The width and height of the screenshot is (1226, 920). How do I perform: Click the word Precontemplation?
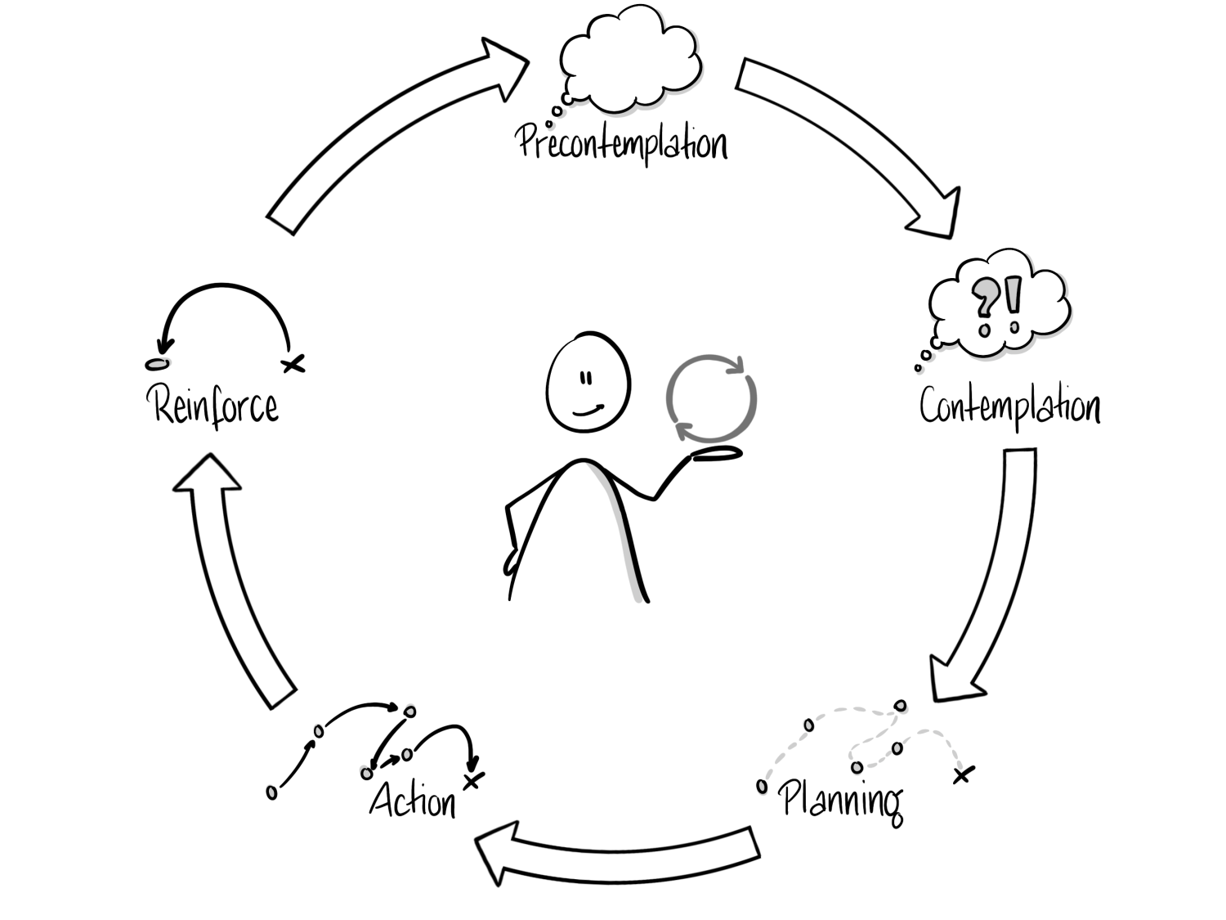point(621,142)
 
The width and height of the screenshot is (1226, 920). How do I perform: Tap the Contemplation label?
point(1009,406)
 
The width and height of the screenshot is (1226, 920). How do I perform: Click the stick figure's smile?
point(588,408)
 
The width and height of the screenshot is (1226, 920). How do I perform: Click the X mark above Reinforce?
point(293,363)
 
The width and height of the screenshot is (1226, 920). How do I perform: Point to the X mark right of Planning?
point(964,773)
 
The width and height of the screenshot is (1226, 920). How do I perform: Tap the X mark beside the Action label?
point(472,780)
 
